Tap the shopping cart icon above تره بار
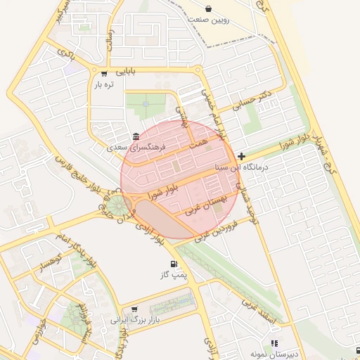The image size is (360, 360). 105,73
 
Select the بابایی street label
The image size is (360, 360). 127,71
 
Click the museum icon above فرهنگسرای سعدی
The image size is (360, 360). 136,136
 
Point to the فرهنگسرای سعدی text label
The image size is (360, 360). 136,148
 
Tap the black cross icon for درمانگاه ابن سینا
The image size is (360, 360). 242,156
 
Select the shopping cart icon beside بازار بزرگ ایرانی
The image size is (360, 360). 134,309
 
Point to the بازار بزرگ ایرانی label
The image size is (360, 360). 136,319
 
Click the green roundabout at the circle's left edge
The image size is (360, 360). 115,206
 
